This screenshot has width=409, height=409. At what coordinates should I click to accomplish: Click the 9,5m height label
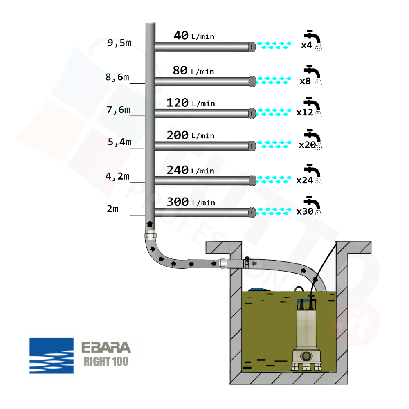click(119, 43)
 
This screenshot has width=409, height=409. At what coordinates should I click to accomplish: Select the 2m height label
click(113, 209)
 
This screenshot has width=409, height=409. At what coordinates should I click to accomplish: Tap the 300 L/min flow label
click(191, 202)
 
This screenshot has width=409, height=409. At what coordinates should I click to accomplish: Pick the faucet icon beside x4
click(314, 38)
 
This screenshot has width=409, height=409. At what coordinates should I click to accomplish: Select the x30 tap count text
click(305, 212)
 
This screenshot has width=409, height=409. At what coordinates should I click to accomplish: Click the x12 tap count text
click(305, 112)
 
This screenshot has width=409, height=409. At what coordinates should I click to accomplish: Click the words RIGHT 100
click(106, 362)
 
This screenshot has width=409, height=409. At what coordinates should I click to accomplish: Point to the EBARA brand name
click(106, 348)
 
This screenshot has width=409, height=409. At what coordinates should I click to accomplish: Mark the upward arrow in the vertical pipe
click(150, 224)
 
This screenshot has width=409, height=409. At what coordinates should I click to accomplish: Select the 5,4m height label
click(119, 142)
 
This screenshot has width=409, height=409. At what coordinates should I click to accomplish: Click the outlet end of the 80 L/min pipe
click(253, 81)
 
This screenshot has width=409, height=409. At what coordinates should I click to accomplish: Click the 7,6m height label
click(118, 110)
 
